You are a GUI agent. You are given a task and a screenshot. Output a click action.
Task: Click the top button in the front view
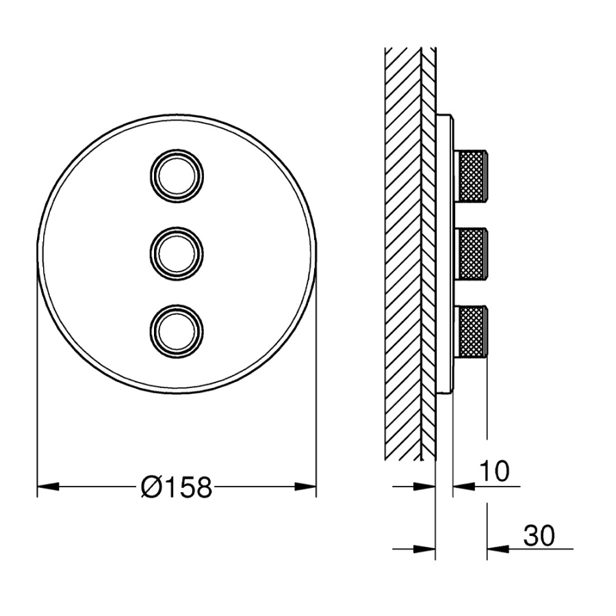point(177,175)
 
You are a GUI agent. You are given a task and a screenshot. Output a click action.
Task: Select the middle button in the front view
point(177,253)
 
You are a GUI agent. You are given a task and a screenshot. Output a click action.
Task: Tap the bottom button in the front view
point(177,331)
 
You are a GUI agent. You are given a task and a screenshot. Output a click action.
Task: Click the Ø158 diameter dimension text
point(177,487)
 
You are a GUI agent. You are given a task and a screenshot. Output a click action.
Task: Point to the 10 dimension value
point(494,471)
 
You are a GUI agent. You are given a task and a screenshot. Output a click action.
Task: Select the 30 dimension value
point(539,535)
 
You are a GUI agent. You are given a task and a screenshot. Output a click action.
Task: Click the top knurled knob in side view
point(472,175)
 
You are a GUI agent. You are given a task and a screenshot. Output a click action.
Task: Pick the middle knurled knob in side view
point(472,253)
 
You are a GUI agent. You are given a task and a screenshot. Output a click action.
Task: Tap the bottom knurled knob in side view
point(472,331)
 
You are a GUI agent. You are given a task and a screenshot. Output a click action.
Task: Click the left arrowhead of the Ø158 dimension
point(48,487)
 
